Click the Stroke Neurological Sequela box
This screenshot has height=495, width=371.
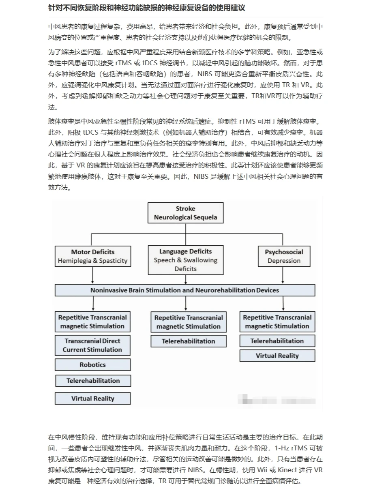(185, 213)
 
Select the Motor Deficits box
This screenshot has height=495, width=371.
(93, 256)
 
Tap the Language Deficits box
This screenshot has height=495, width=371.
(185, 260)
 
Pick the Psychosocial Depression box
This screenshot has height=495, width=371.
(284, 256)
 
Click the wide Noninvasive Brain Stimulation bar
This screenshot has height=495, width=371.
(185, 290)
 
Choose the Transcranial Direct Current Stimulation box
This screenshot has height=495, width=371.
(92, 345)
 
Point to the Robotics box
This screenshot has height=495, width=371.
(92, 364)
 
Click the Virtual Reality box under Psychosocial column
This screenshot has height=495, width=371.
(277, 356)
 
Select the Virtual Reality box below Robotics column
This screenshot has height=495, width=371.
(92, 398)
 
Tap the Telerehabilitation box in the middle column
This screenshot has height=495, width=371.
(188, 341)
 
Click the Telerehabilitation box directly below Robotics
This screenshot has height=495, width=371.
(93, 381)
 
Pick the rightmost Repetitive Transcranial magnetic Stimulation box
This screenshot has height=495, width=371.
(277, 322)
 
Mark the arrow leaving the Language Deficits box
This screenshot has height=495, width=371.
(185, 279)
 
